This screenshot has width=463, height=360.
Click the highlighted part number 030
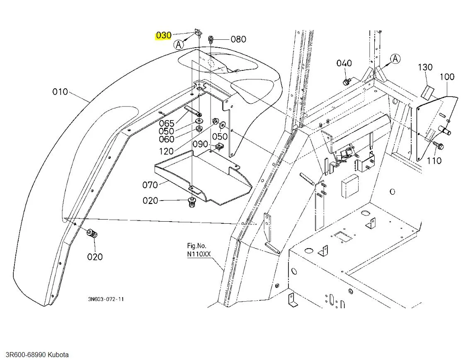(164, 35)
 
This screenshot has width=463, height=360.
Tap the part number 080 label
(238, 39)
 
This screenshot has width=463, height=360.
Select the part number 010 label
(60, 92)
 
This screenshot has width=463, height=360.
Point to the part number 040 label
(344, 63)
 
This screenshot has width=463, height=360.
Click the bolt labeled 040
(346, 81)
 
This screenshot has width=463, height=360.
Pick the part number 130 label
(425, 67)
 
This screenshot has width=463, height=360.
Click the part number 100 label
(447, 77)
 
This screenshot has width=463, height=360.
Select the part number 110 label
(434, 161)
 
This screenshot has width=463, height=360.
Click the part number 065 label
(167, 123)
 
